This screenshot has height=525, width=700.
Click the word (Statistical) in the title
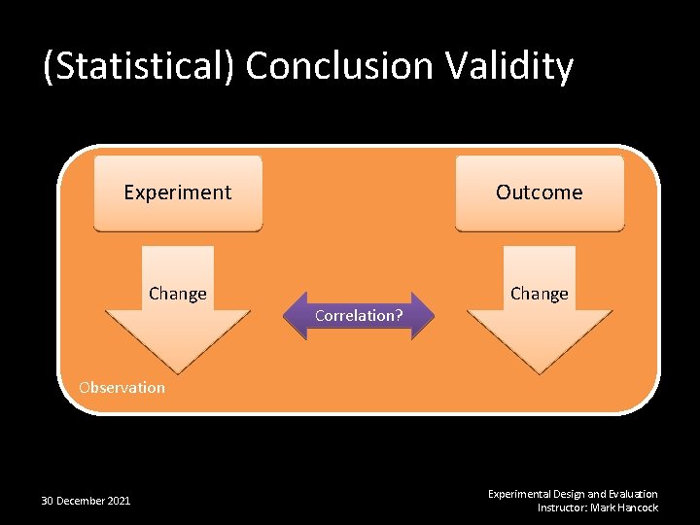pos(139,67)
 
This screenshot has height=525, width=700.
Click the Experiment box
pos(178,192)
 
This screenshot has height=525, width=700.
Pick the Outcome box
pos(540,192)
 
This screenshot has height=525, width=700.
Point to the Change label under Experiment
pos(178,294)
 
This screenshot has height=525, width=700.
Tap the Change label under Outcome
pos(540,294)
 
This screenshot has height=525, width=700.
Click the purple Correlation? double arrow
pos(359,316)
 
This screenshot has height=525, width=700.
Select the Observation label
pos(122,388)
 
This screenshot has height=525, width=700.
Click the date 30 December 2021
pos(86,501)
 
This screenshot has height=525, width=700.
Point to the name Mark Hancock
pos(625,507)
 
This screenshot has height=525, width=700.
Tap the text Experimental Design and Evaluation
pos(573,494)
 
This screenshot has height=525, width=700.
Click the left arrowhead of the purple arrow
pos(290,316)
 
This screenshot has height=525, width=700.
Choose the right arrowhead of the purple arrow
pos(428,316)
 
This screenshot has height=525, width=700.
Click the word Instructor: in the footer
pos(564,507)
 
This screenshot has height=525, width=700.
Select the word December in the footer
pos(79,501)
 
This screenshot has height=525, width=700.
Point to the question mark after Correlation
pos(399,316)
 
